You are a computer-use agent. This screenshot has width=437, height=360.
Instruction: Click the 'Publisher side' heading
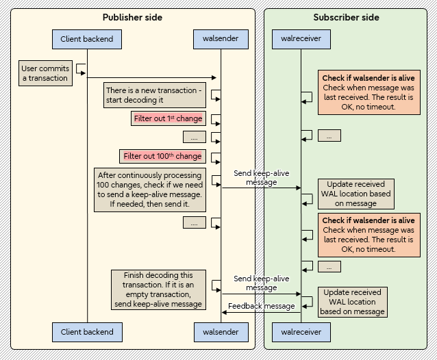(132, 17)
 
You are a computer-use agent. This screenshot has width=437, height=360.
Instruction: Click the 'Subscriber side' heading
(345, 17)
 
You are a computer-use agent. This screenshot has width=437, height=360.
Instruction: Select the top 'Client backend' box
(87, 38)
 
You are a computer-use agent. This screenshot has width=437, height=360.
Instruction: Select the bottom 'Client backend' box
(87, 332)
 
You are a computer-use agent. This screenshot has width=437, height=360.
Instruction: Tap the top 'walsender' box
(221, 38)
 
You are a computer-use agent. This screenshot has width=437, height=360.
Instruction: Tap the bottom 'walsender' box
(221, 332)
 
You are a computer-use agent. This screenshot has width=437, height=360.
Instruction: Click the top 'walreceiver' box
(301, 38)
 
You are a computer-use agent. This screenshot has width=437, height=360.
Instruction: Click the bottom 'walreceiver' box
(301, 332)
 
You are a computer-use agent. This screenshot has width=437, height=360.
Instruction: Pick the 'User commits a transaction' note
(45, 73)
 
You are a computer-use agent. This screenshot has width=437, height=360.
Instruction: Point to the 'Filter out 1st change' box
(168, 118)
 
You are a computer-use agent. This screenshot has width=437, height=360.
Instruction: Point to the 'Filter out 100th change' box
(162, 156)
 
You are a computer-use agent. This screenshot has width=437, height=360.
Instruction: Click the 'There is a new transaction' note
(153, 95)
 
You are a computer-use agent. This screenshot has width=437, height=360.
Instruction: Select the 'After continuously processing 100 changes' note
(150, 190)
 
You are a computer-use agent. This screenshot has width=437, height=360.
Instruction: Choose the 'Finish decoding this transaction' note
(158, 290)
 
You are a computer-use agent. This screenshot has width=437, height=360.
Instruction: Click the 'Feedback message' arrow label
(261, 306)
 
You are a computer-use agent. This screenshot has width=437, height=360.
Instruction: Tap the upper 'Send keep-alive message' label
(261, 178)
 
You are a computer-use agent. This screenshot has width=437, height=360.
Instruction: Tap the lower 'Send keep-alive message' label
(261, 283)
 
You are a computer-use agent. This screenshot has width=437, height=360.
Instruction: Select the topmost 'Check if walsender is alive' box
(369, 92)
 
